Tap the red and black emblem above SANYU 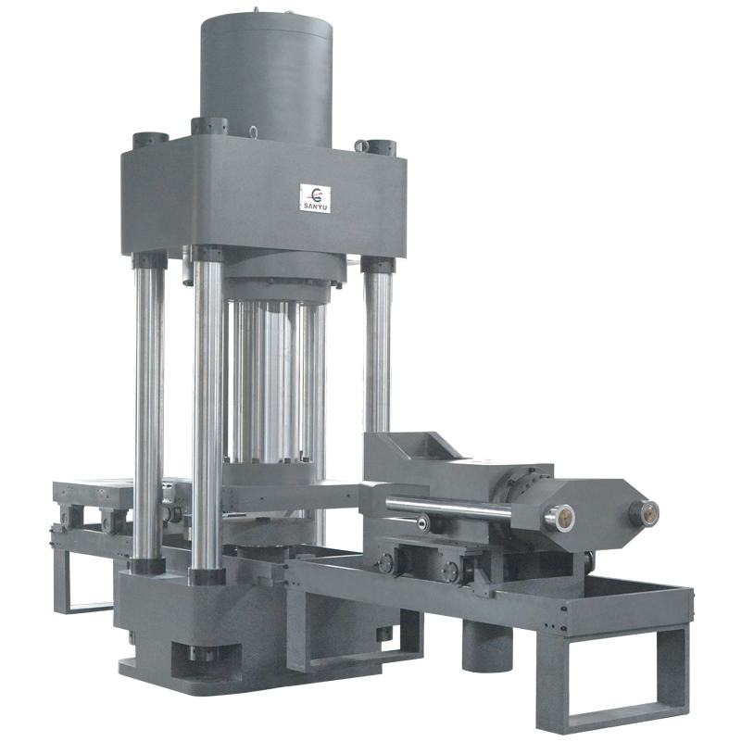(317, 194)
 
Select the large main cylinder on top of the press (266, 81)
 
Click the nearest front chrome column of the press (207, 411)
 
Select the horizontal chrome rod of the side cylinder (449, 506)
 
